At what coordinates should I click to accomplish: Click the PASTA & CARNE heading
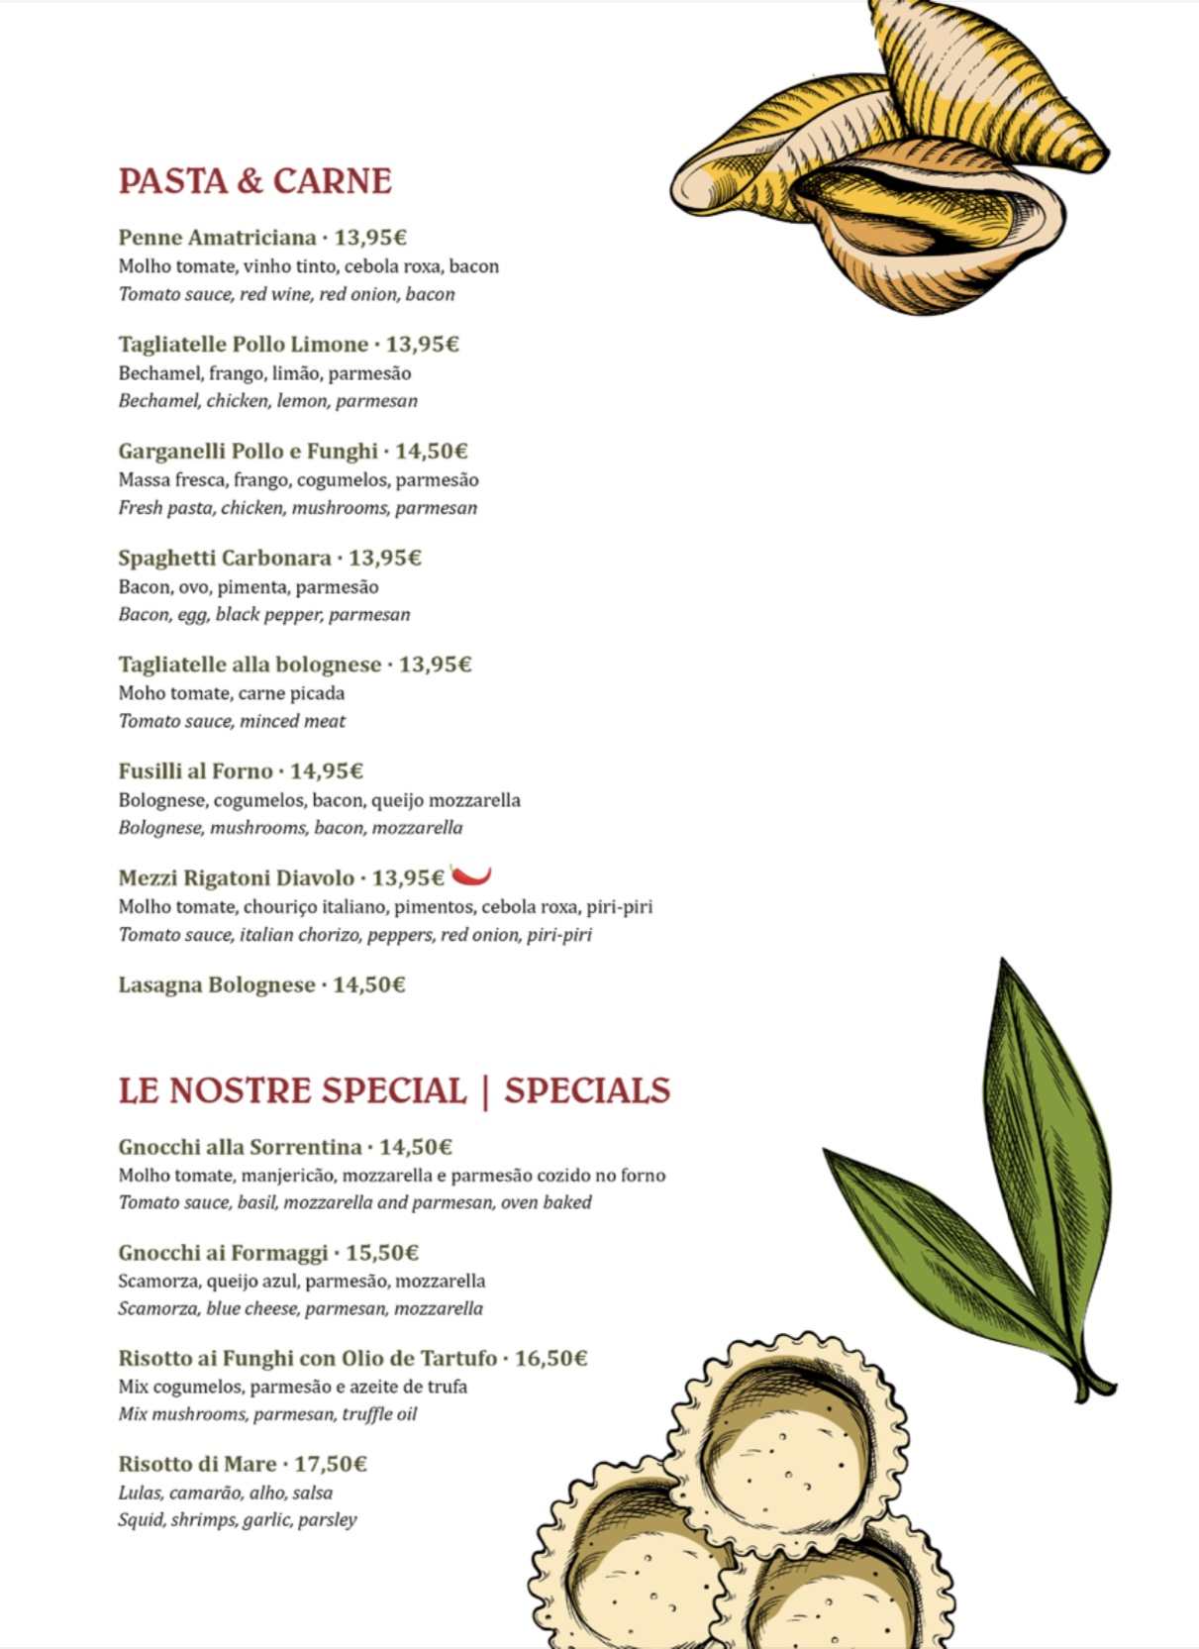point(254,181)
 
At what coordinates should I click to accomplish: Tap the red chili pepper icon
point(471,875)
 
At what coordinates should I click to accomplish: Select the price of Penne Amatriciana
point(370,238)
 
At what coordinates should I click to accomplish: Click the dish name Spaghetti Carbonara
point(224,559)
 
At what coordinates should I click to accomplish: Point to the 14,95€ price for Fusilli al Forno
point(327,772)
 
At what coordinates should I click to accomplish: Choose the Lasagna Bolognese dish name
point(216,985)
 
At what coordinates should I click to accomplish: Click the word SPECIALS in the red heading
point(587,1090)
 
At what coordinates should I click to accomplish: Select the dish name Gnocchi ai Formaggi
point(223,1253)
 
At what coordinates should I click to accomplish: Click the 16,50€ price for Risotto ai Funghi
point(550,1358)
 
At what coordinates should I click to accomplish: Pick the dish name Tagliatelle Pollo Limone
point(243,345)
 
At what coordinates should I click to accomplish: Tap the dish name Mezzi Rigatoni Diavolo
point(236,878)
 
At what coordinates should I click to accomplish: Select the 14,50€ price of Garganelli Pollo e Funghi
point(432,452)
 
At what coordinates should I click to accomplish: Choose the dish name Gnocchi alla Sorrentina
point(240,1147)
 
